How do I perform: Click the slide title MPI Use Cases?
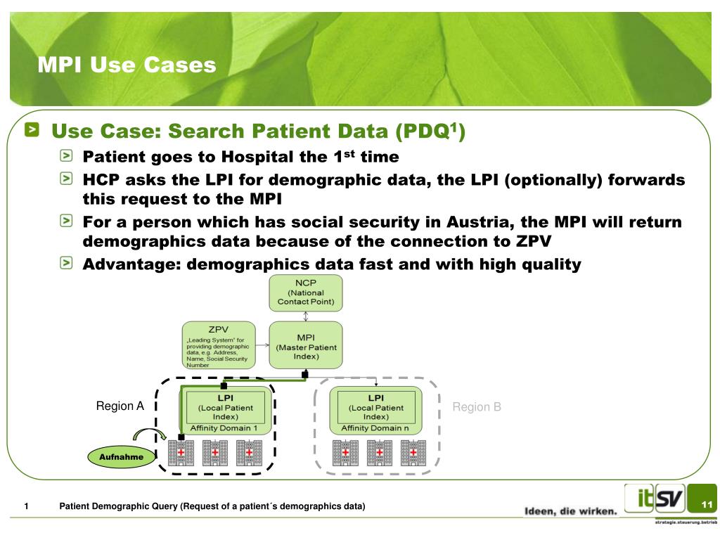(127, 65)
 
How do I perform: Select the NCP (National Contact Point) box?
(306, 292)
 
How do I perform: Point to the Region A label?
(120, 406)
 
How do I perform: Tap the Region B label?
(476, 406)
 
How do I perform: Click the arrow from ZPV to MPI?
(260, 345)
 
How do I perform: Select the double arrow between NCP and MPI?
(306, 316)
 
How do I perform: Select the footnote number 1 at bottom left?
(26, 506)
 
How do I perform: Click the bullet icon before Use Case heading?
(34, 130)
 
